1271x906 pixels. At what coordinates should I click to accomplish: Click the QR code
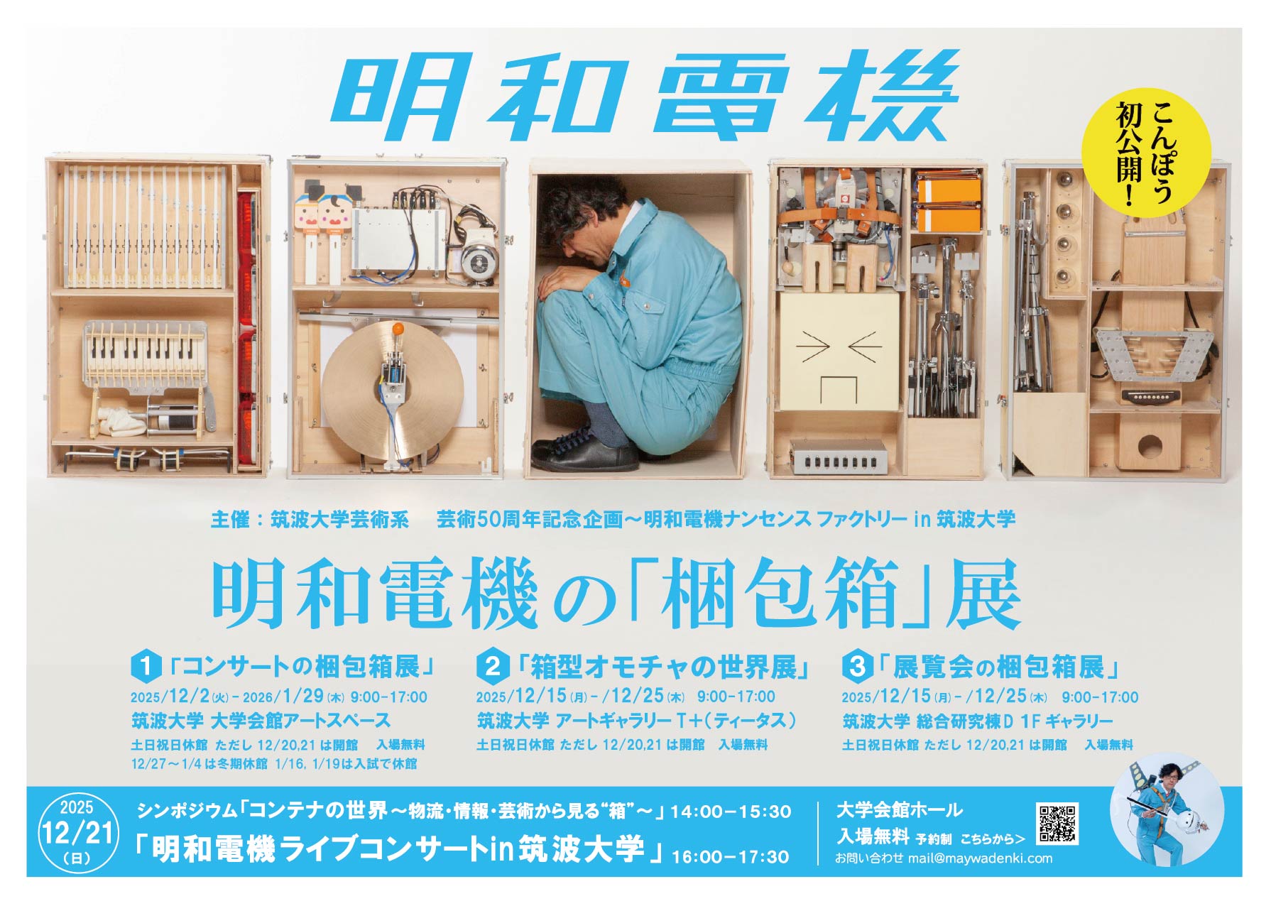pyautogui.click(x=1057, y=824)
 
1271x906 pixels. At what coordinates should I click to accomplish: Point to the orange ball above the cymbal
pyautogui.click(x=398, y=329)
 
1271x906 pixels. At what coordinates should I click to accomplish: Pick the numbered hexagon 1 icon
pyautogui.click(x=146, y=667)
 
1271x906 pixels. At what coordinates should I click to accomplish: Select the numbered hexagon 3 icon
pyautogui.click(x=857, y=667)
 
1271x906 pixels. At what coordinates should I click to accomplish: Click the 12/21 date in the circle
pyautogui.click(x=78, y=831)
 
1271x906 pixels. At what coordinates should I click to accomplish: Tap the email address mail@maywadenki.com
pyautogui.click(x=980, y=858)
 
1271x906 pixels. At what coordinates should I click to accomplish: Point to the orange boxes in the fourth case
pyautogui.click(x=948, y=202)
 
